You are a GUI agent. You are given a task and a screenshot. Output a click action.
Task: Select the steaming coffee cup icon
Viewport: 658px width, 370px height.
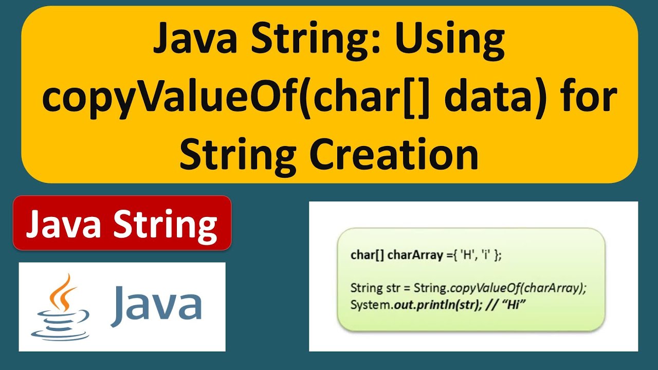pos(57,307)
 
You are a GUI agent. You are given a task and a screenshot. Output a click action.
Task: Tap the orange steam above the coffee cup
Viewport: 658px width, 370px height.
pos(61,290)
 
